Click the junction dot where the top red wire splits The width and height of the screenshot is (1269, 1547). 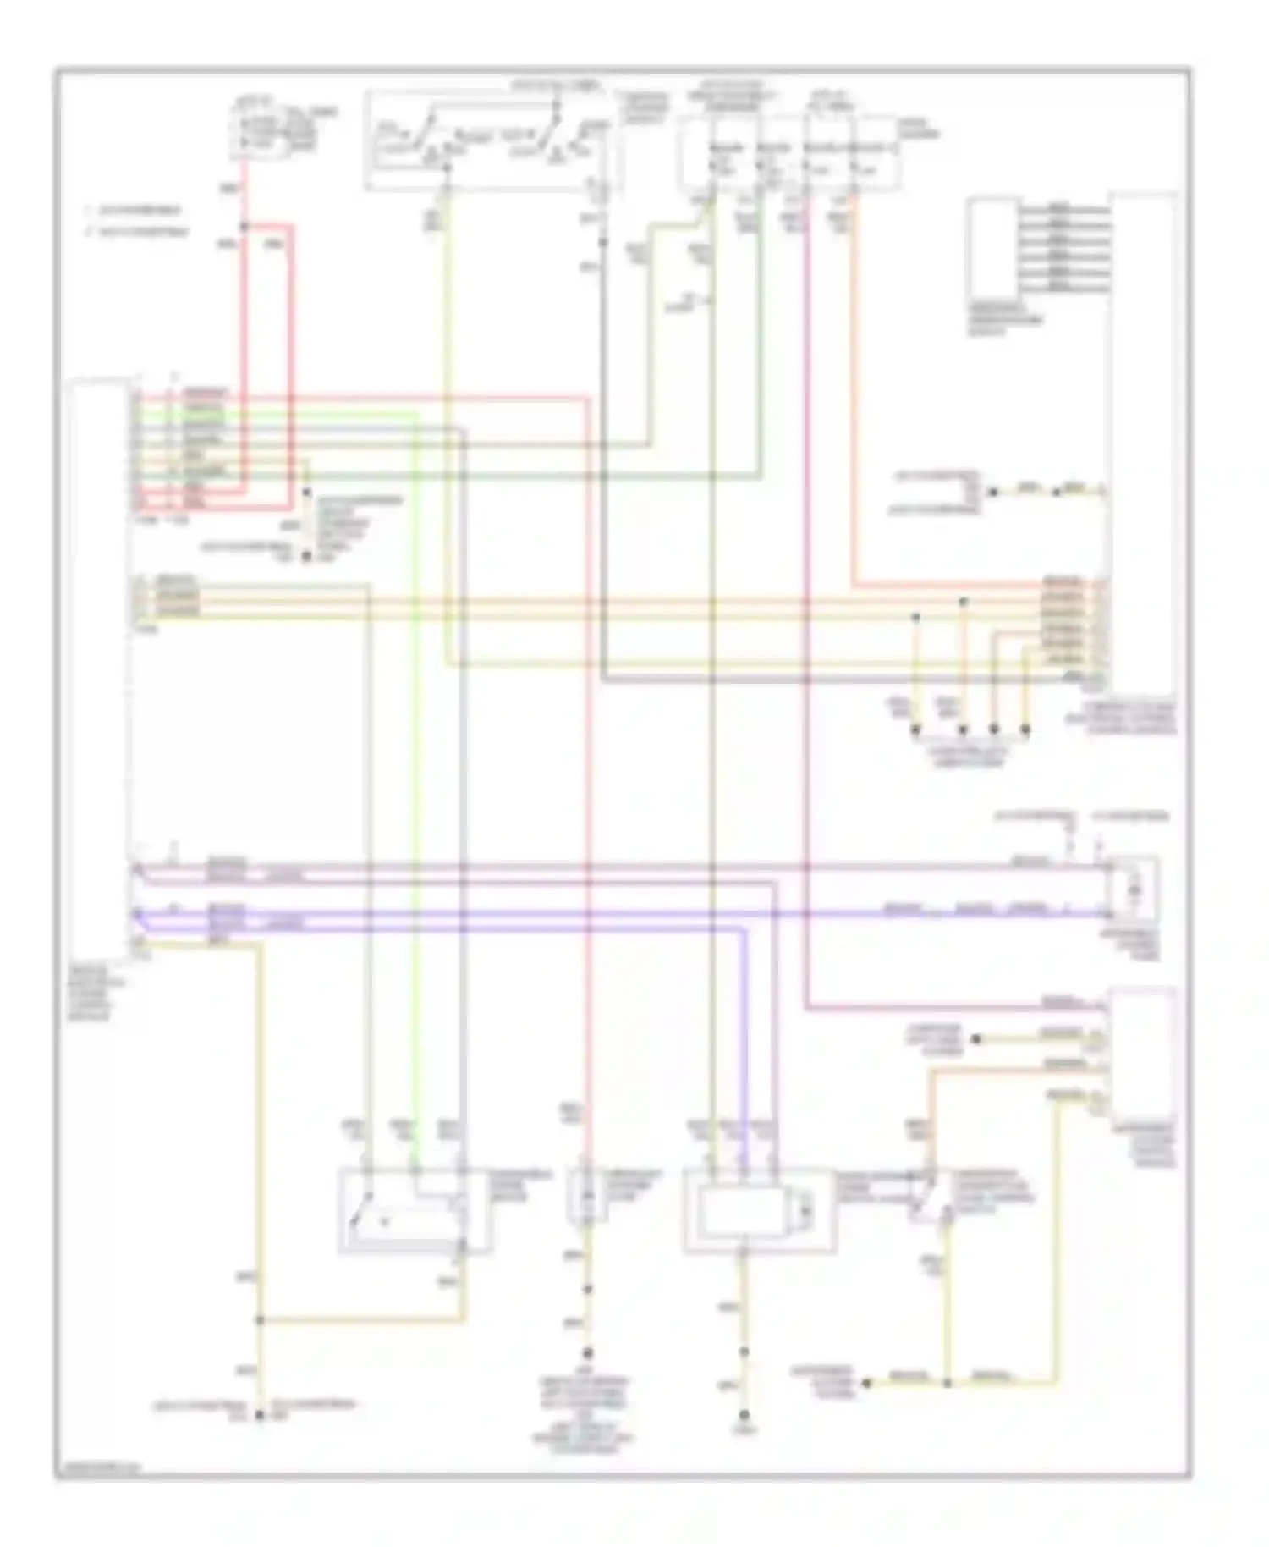(244, 226)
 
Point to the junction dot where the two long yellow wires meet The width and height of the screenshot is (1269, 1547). (260, 1319)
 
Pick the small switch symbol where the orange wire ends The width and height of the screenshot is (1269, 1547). (927, 1194)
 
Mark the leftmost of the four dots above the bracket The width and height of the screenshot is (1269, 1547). (915, 729)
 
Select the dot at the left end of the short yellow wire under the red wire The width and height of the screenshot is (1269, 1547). (975, 1038)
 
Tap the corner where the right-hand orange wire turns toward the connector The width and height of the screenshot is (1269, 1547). (854, 584)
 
